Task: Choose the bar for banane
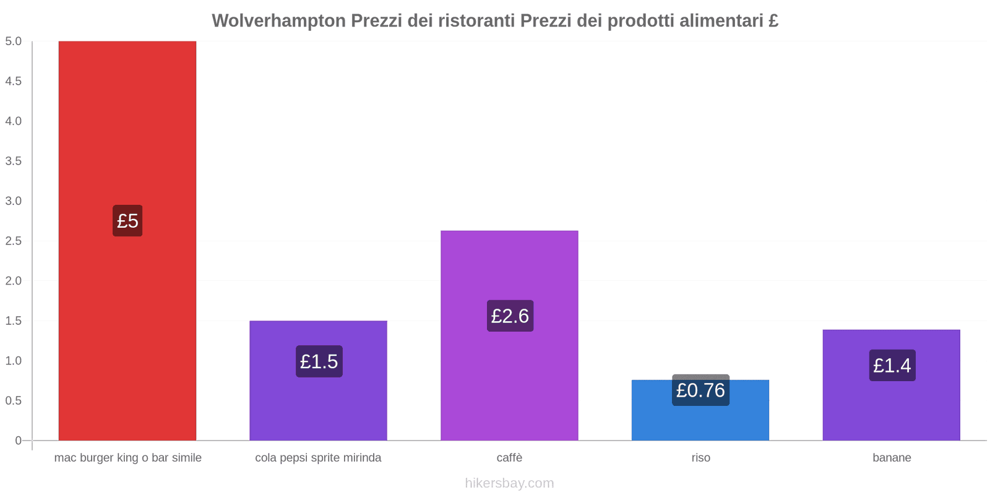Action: pyautogui.click(x=891, y=408)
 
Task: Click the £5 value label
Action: pyautogui.click(x=127, y=220)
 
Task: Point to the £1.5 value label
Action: pyautogui.click(x=319, y=361)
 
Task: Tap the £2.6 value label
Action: pyautogui.click(x=510, y=316)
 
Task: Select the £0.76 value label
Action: pyautogui.click(x=700, y=390)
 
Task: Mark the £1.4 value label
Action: pyautogui.click(x=892, y=365)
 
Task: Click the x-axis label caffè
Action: pyautogui.click(x=509, y=458)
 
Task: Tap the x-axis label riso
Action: pyautogui.click(x=700, y=458)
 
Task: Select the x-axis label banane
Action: pyautogui.click(x=892, y=458)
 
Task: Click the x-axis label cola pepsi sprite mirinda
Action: pyautogui.click(x=318, y=458)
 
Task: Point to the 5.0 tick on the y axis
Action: pyautogui.click(x=13, y=41)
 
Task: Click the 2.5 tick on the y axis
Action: pyautogui.click(x=13, y=241)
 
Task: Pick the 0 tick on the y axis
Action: pyautogui.click(x=18, y=441)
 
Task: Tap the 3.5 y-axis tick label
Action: pyautogui.click(x=13, y=161)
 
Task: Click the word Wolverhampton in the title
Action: pyautogui.click(x=278, y=21)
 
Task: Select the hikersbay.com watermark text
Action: pyautogui.click(x=509, y=483)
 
